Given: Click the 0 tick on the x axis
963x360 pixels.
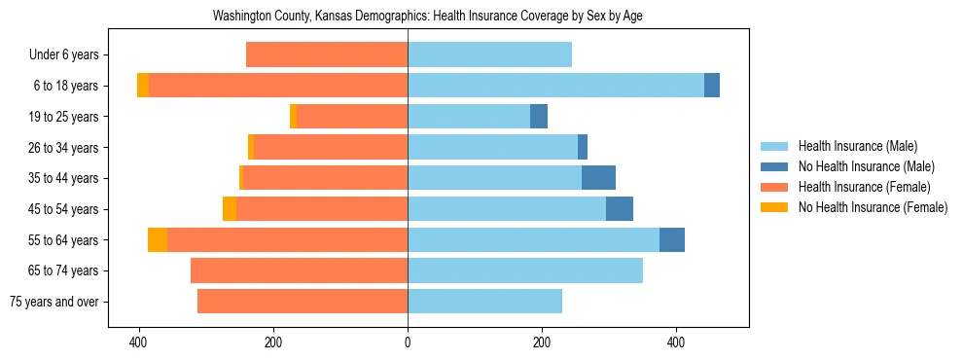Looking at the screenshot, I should coord(408,342).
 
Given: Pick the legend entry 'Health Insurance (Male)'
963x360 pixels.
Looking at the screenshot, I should coord(856,146).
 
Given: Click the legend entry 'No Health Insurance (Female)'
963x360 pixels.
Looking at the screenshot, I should coord(873,207).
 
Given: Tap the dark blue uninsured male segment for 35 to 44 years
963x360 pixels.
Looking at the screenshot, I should coord(598,178).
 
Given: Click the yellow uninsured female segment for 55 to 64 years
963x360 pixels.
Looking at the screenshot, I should coord(158,239).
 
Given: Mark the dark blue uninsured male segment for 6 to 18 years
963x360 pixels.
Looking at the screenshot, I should coord(712,86).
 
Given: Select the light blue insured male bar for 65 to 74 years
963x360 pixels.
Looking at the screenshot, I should coord(525,270).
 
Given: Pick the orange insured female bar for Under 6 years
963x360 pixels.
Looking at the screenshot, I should coord(327,54).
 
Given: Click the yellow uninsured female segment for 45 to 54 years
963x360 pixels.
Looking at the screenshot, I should coord(230,209).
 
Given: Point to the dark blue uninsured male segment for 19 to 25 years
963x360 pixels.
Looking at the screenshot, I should coord(539,117).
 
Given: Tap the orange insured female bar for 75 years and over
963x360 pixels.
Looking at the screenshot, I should coord(303,302).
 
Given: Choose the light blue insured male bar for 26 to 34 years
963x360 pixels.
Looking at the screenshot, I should coord(492,147).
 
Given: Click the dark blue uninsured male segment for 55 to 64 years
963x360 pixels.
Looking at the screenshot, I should coord(672,239).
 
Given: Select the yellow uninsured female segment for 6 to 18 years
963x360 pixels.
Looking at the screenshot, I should coord(143,86).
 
